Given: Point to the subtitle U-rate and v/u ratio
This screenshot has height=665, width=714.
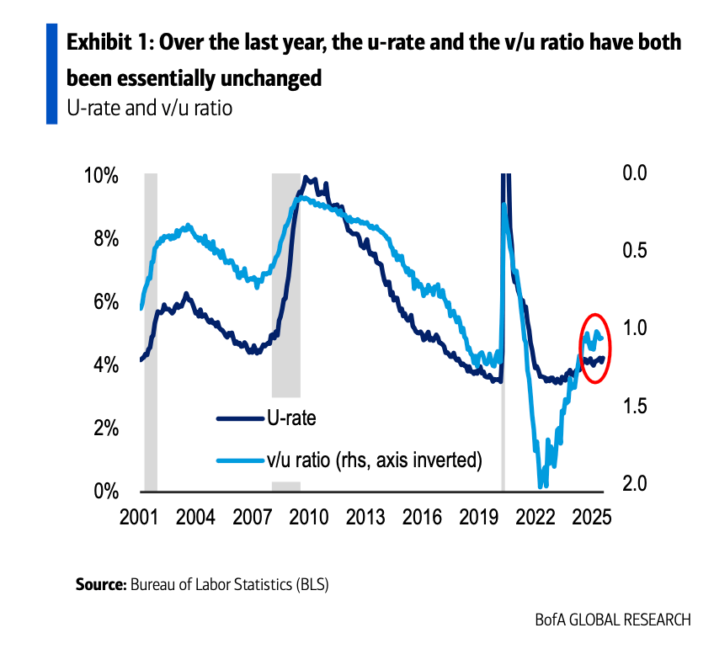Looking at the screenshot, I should (149, 109).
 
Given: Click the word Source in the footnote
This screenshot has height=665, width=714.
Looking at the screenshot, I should (100, 583).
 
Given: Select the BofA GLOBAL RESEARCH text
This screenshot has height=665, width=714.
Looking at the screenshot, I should (612, 620).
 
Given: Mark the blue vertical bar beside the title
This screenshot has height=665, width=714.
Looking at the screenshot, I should (51, 74).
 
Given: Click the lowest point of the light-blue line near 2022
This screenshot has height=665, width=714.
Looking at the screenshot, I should (541, 486).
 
